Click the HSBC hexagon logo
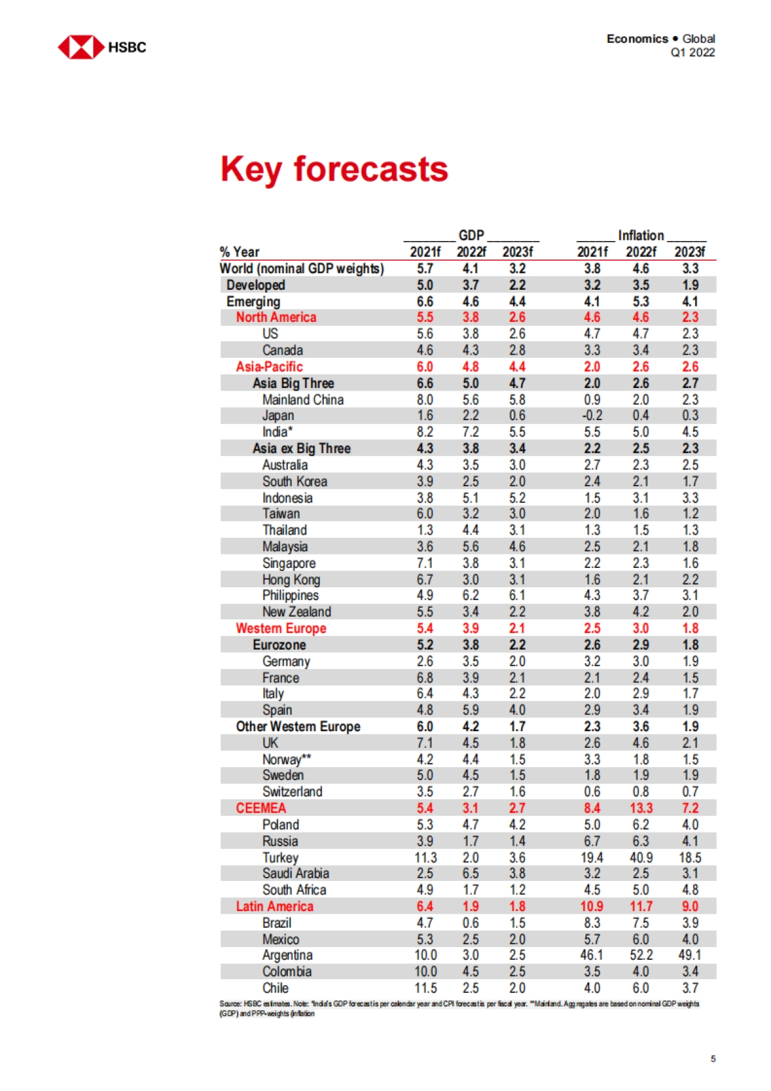(81, 47)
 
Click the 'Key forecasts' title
(334, 169)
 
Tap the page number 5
(713, 1058)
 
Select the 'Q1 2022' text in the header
(692, 53)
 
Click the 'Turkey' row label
(280, 857)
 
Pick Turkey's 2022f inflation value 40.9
(641, 857)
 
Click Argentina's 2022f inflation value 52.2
(641, 955)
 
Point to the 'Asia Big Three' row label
(293, 383)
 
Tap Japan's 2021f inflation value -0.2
(592, 416)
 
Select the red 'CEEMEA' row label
(261, 808)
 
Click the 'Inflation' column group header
(641, 235)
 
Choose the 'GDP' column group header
(471, 235)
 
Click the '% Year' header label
(240, 252)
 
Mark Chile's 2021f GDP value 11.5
(425, 988)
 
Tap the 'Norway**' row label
(287, 759)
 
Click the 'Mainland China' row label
(303, 400)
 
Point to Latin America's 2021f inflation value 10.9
(592, 906)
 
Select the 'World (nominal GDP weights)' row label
(301, 269)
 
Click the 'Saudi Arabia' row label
(296, 873)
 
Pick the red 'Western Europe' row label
(281, 628)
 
